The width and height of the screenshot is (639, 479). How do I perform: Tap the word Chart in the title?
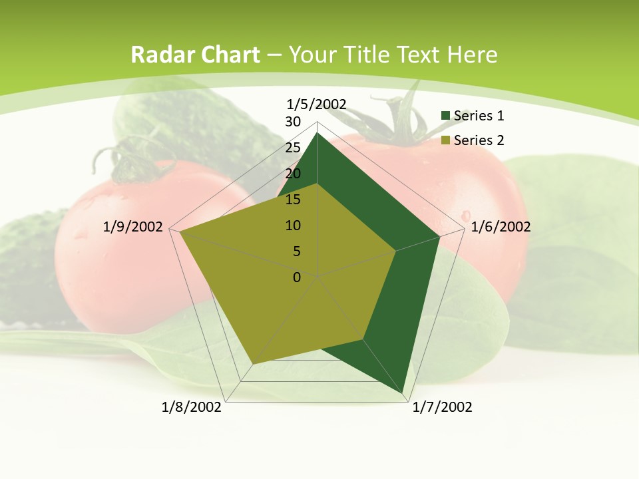[228, 55]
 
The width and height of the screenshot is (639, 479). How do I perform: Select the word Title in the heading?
[368, 55]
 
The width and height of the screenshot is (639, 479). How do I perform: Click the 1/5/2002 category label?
[317, 104]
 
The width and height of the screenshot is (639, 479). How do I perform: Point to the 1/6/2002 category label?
[501, 227]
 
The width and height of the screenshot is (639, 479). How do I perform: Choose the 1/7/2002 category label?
[442, 407]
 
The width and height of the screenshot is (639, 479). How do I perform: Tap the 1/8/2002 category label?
[192, 407]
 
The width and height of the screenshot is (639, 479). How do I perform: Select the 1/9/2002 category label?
[133, 227]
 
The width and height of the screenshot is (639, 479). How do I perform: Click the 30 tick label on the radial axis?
[292, 122]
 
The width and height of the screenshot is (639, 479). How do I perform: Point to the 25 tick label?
[292, 148]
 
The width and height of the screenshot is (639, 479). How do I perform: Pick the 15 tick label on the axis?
[292, 200]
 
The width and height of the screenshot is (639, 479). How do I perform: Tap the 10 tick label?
[292, 226]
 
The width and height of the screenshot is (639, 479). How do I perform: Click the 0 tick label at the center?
[297, 277]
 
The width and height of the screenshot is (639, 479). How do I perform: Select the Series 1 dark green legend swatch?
[446, 116]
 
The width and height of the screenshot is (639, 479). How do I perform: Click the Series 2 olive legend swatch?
[446, 140]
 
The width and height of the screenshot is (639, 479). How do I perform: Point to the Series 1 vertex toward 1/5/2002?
[317, 132]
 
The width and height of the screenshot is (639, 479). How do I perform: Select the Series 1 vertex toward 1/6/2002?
[440, 236]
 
